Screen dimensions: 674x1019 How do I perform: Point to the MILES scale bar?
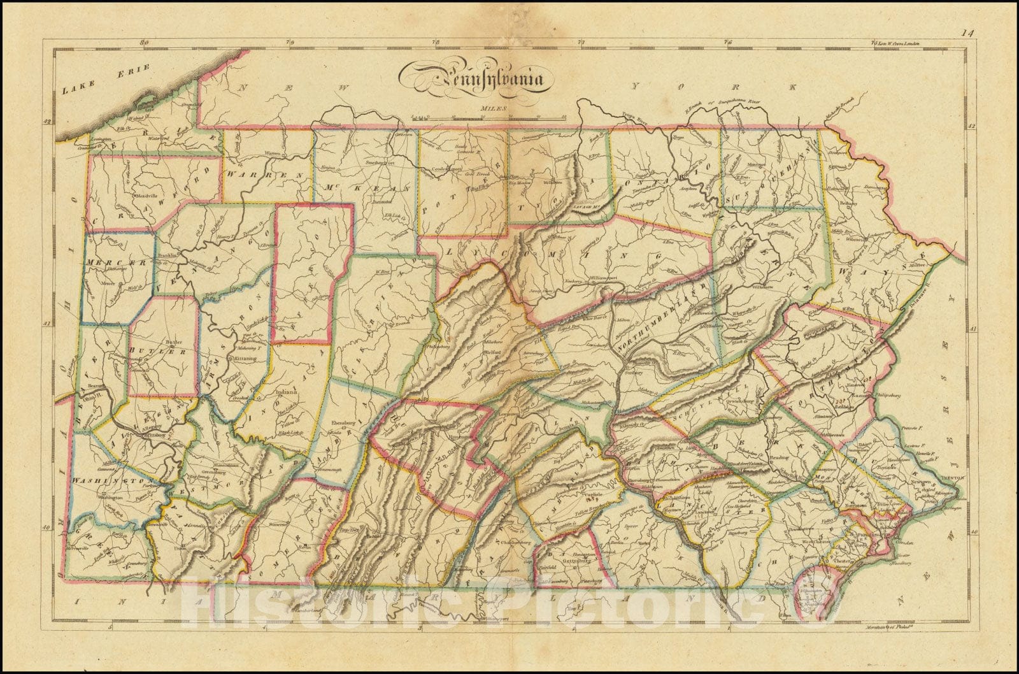click(x=487, y=115)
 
